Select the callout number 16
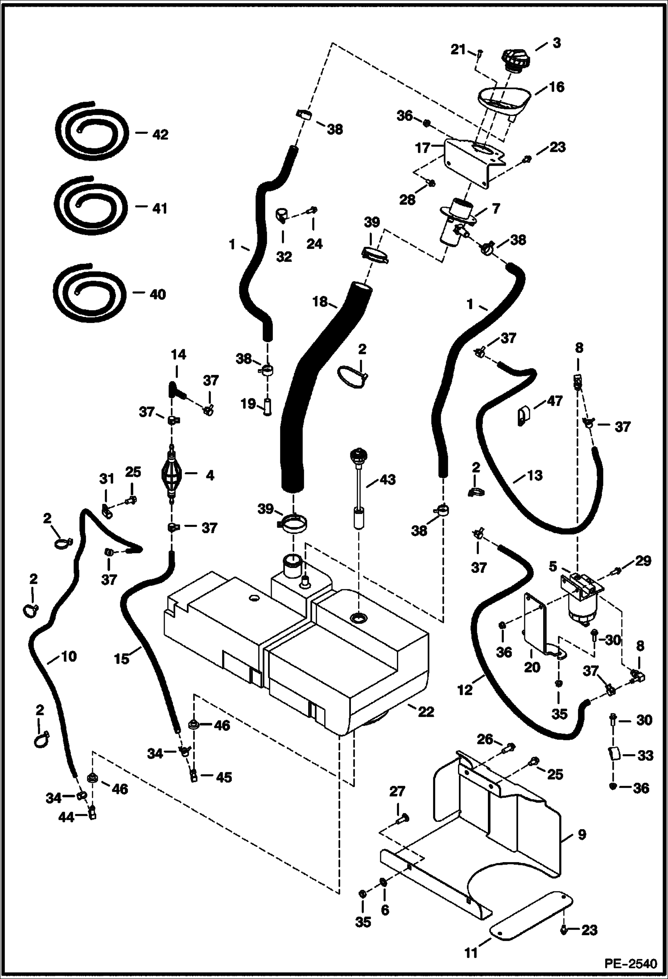pos(557,87)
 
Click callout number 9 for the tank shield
pos(581,835)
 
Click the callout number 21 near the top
pos(458,50)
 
